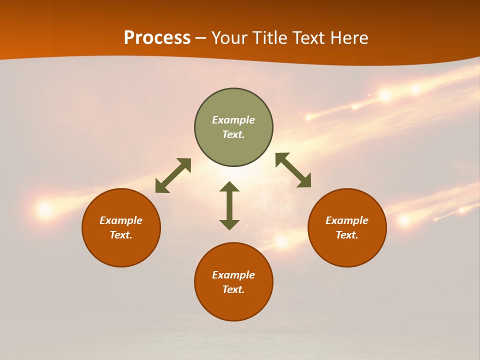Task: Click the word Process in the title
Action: coord(157,38)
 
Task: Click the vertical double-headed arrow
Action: coord(229,206)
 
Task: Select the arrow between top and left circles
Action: coord(173,175)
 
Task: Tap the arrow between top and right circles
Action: coord(293,170)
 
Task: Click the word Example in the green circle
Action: coord(233,120)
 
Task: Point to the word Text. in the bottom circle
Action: coord(233,289)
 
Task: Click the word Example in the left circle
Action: coord(121,220)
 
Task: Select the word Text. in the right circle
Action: coord(347,235)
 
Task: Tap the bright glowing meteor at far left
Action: coord(45,209)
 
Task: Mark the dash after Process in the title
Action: coord(201,38)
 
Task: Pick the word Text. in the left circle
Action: coord(121,235)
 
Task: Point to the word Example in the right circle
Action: coord(347,220)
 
